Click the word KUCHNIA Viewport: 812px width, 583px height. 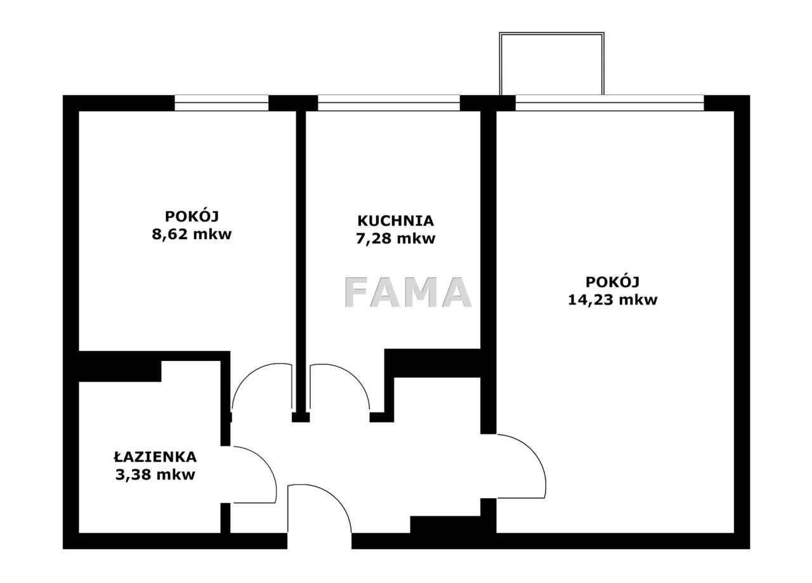click(395, 221)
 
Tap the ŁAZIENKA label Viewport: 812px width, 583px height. click(155, 457)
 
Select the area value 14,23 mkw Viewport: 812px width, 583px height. click(613, 300)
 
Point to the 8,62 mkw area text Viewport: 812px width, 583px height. click(192, 234)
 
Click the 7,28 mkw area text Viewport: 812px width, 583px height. click(395, 239)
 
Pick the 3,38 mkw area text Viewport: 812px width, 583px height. click(155, 475)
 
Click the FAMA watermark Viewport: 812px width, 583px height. click(408, 292)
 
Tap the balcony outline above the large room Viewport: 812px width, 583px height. click(551, 34)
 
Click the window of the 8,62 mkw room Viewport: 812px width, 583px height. click(221, 103)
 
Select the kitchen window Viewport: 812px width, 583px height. click(389, 103)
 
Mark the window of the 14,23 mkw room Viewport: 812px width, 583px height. click(610, 103)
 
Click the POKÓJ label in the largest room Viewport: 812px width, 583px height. click(613, 282)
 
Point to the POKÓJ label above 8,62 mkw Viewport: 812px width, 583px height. click(192, 216)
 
